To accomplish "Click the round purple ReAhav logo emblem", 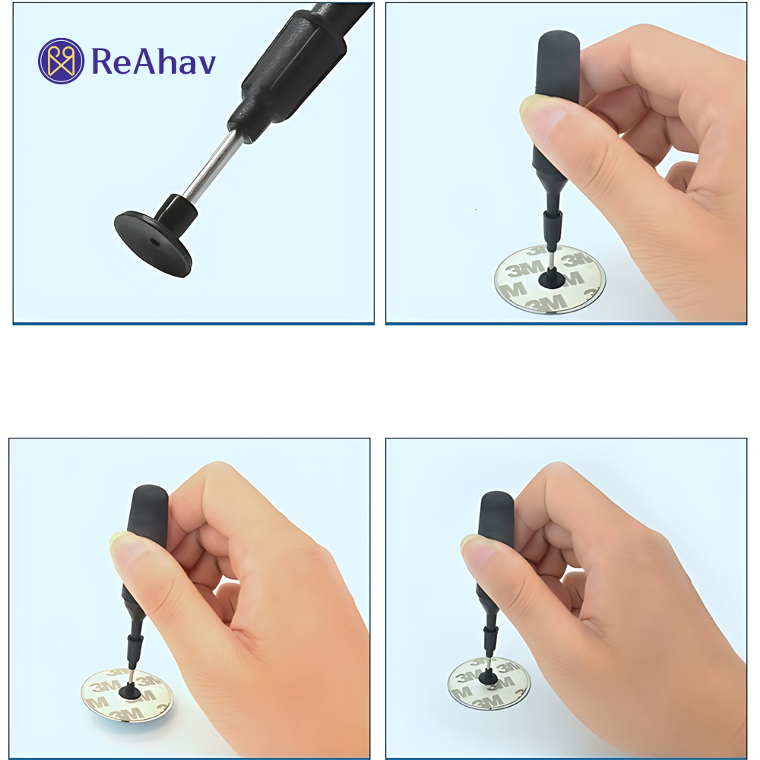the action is (61, 61).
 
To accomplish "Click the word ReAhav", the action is (154, 61).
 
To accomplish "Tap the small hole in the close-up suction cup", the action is (154, 241).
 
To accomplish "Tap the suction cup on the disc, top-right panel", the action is (552, 280).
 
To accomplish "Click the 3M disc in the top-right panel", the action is (549, 280).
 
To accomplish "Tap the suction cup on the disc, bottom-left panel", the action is (130, 690).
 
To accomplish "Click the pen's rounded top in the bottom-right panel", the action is (496, 502).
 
